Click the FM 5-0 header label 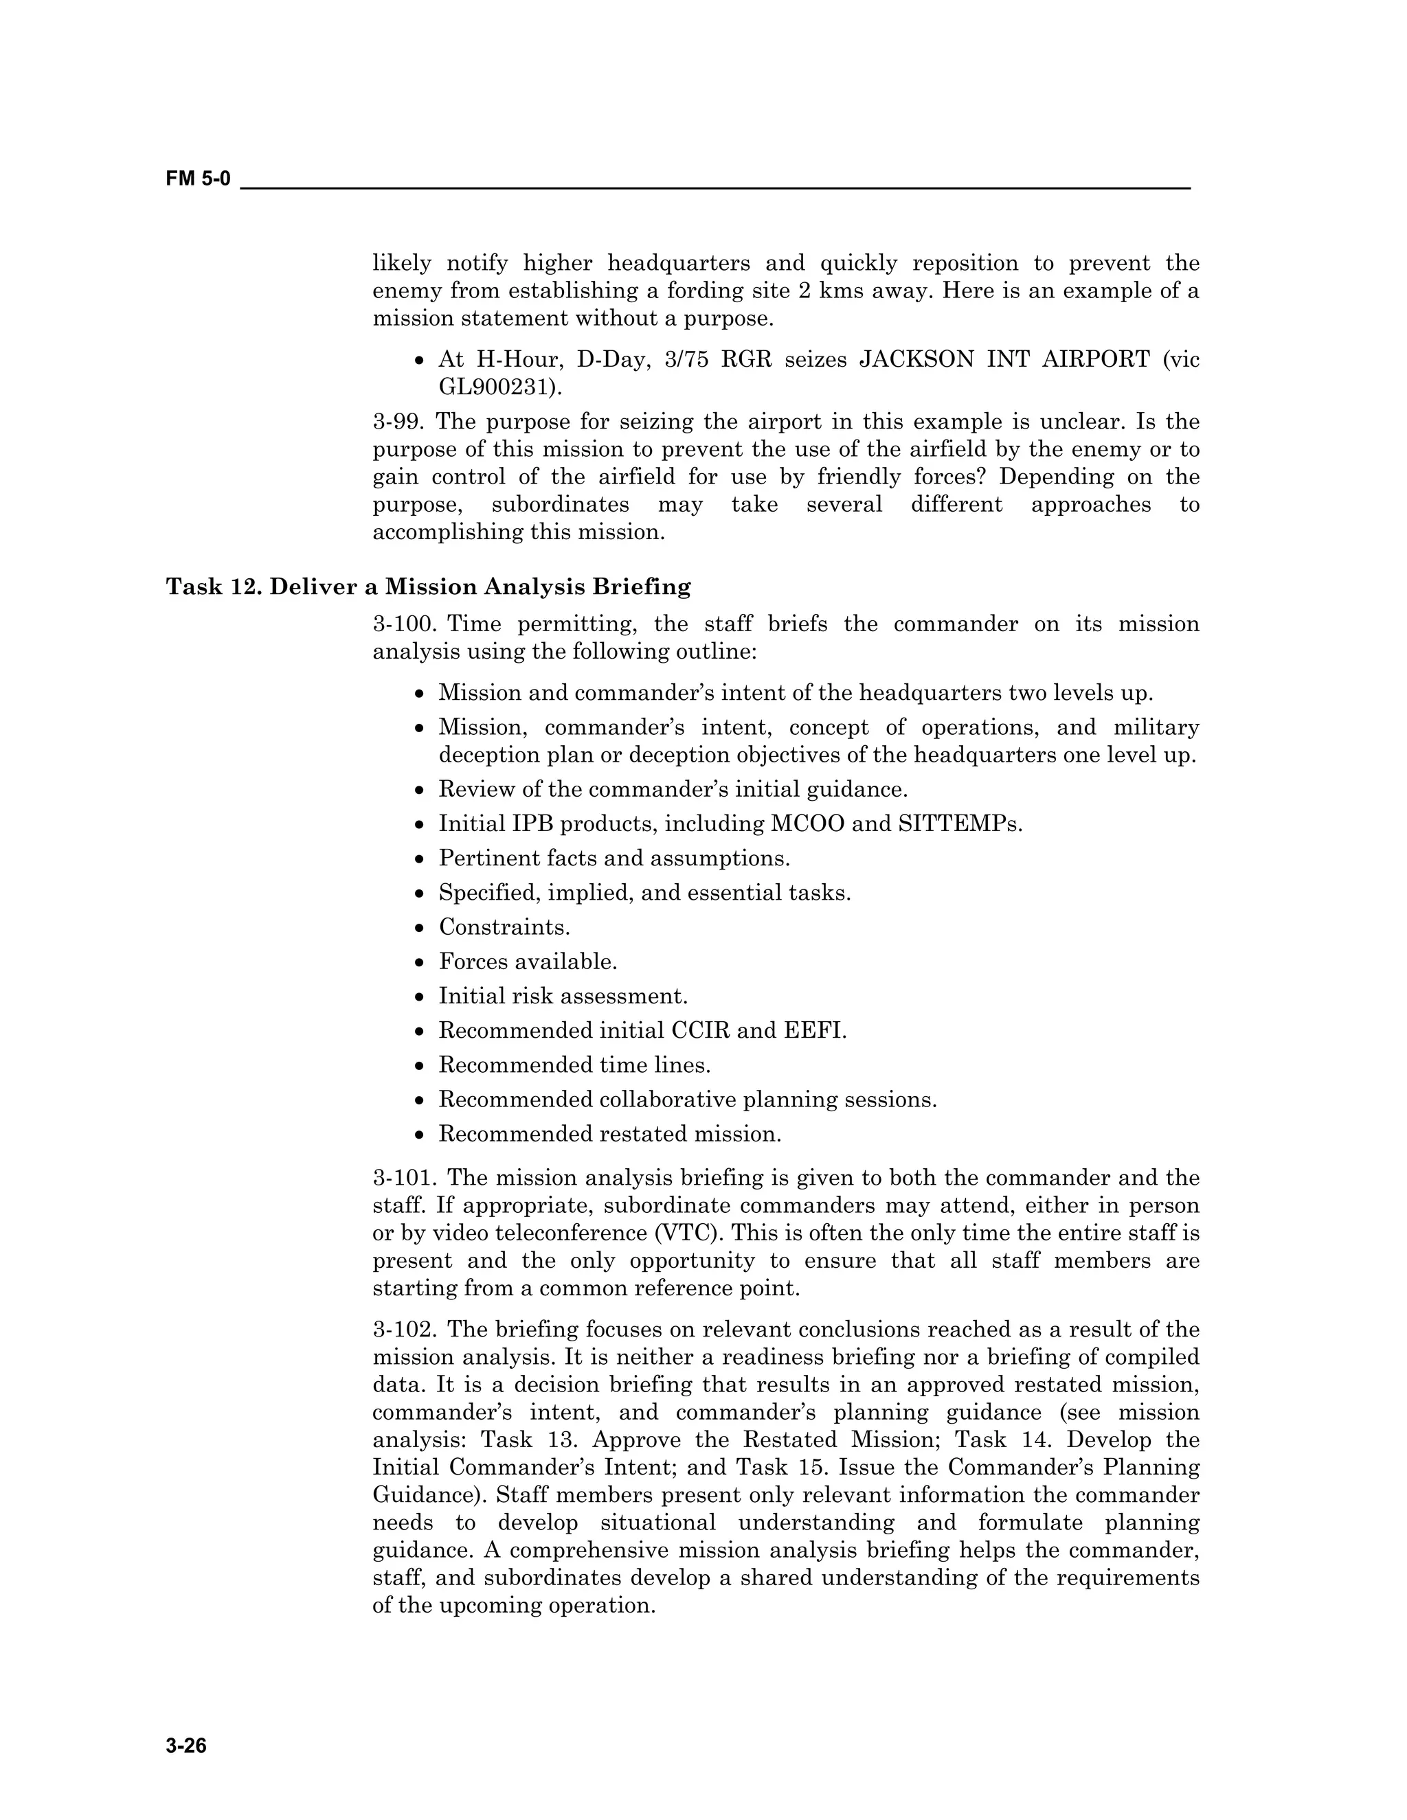point(199,179)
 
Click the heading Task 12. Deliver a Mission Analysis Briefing point(429,587)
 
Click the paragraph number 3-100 point(406,624)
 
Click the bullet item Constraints point(504,926)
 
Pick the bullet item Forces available point(528,962)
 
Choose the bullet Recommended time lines point(574,1065)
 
